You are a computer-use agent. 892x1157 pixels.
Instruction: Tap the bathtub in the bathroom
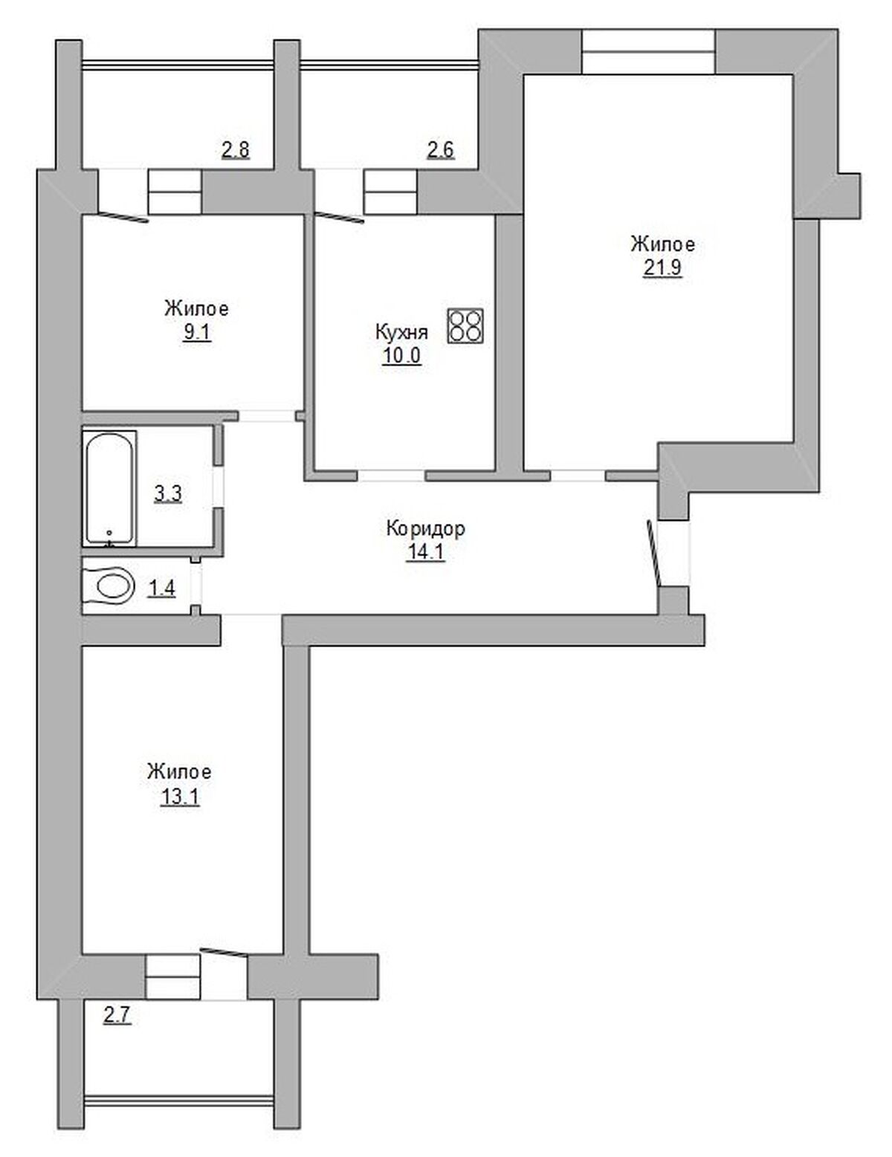click(x=110, y=489)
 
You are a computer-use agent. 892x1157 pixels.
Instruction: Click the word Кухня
click(x=401, y=332)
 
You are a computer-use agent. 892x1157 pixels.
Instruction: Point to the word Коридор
click(x=425, y=529)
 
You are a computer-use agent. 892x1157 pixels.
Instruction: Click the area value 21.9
click(x=662, y=268)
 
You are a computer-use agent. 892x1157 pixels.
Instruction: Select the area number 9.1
click(x=196, y=333)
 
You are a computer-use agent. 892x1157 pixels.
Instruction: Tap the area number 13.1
click(x=179, y=797)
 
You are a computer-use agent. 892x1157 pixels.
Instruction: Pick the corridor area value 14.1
click(x=425, y=553)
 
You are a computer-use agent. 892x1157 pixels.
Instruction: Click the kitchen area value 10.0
click(x=401, y=356)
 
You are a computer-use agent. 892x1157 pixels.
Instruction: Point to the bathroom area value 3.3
click(x=168, y=494)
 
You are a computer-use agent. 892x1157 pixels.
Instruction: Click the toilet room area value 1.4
click(x=162, y=589)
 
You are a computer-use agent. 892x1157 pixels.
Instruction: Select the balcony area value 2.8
click(x=236, y=150)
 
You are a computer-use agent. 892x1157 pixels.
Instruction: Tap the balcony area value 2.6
click(x=440, y=150)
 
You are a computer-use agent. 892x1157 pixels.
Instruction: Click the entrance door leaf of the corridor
click(x=653, y=554)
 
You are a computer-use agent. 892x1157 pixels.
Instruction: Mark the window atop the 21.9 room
click(x=647, y=52)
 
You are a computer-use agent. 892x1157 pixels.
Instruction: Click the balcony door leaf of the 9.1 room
click(x=123, y=217)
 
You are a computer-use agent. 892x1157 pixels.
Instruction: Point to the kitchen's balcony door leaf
click(x=340, y=218)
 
